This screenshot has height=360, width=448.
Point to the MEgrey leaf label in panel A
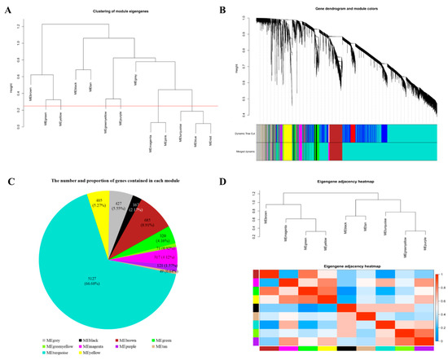(x=135, y=79)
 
